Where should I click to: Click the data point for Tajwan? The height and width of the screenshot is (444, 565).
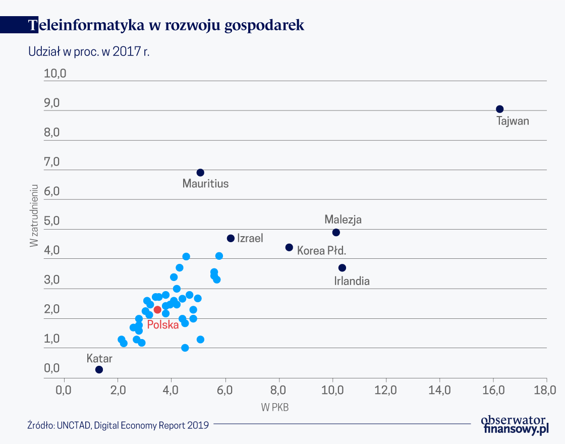pyautogui.click(x=499, y=109)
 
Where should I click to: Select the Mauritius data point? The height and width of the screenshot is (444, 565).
pyautogui.click(x=200, y=173)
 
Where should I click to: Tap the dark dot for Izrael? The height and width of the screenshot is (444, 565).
pyautogui.click(x=231, y=238)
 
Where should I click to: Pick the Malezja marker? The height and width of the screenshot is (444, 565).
pyautogui.click(x=336, y=233)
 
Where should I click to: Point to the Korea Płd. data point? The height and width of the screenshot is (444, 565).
pyautogui.click(x=289, y=247)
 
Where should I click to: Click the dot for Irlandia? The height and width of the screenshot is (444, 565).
pyautogui.click(x=342, y=268)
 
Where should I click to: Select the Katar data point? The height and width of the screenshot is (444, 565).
pyautogui.click(x=99, y=369)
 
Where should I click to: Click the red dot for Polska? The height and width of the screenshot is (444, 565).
pyautogui.click(x=157, y=310)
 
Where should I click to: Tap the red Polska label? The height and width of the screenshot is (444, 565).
pyautogui.click(x=163, y=325)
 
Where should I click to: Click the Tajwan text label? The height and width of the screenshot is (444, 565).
pyautogui.click(x=513, y=121)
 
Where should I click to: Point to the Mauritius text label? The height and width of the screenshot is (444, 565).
pyautogui.click(x=205, y=184)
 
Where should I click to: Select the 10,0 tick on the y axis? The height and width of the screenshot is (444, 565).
pyautogui.click(x=55, y=74)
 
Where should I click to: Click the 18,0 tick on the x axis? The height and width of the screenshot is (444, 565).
pyautogui.click(x=546, y=390)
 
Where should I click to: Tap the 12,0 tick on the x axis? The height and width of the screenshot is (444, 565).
pyautogui.click(x=385, y=390)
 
